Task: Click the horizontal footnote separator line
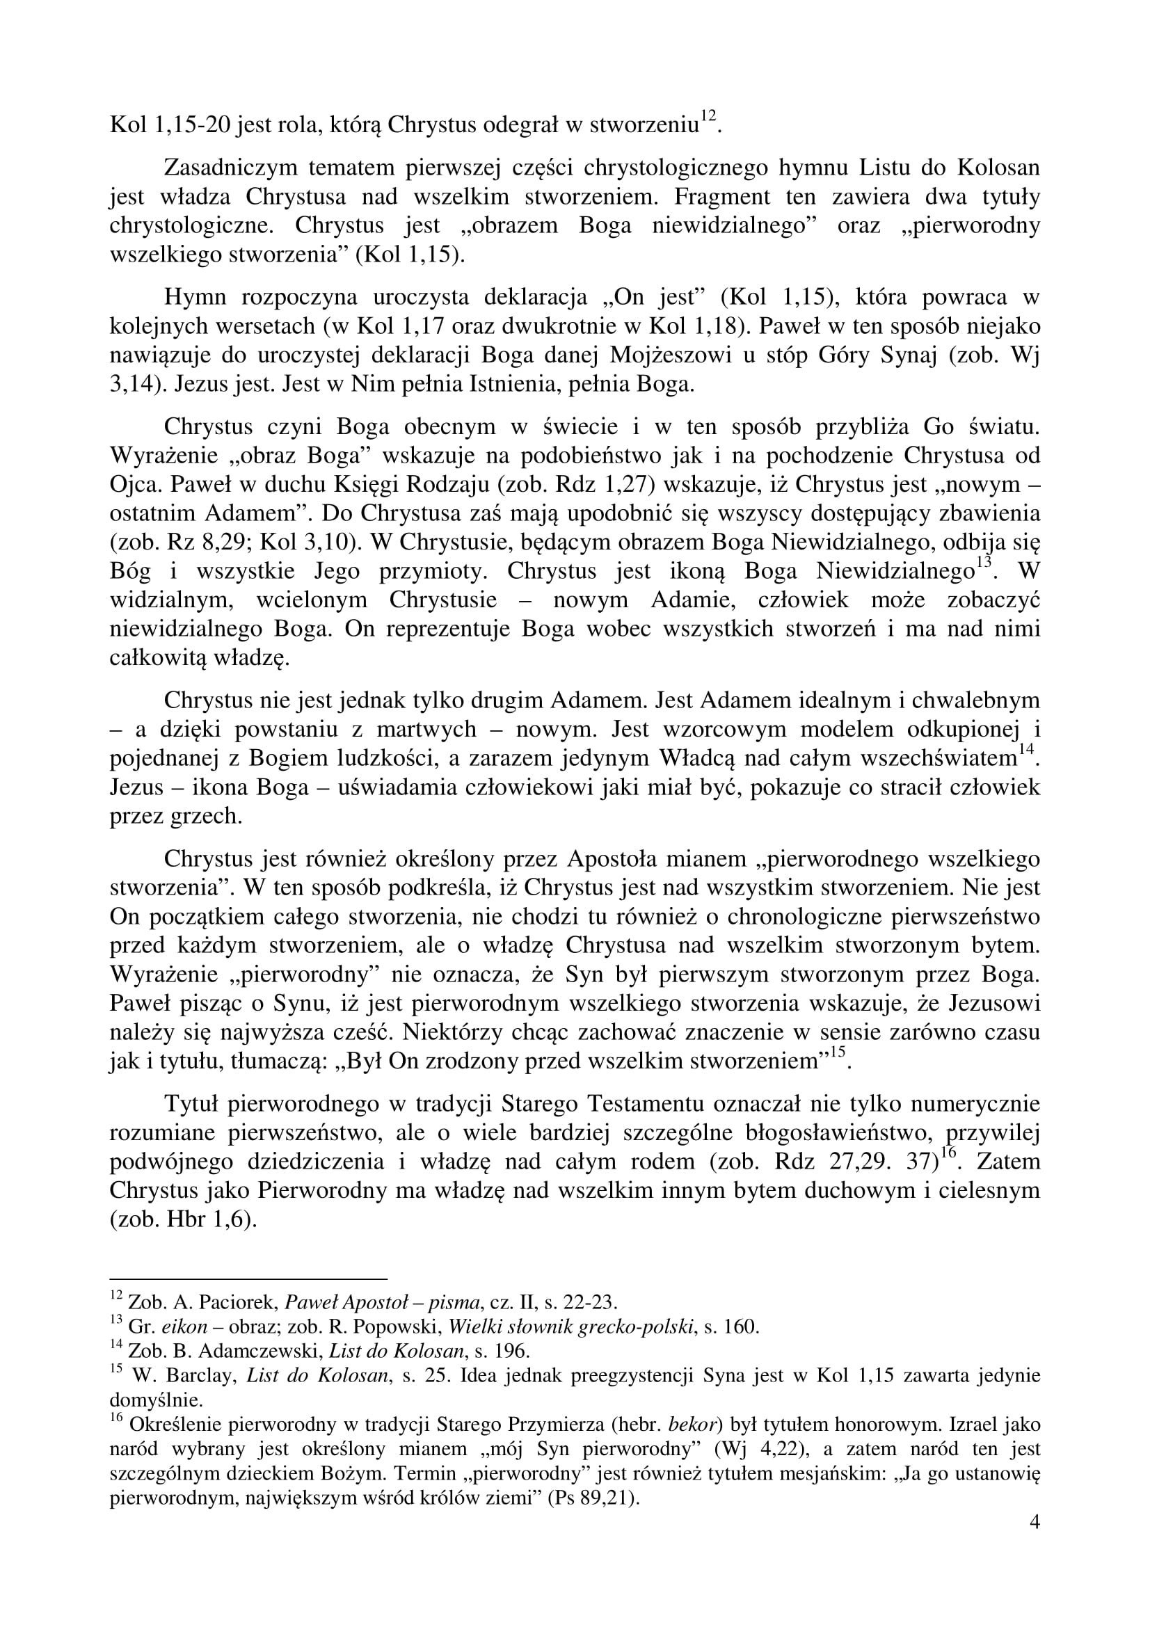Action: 248,1279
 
